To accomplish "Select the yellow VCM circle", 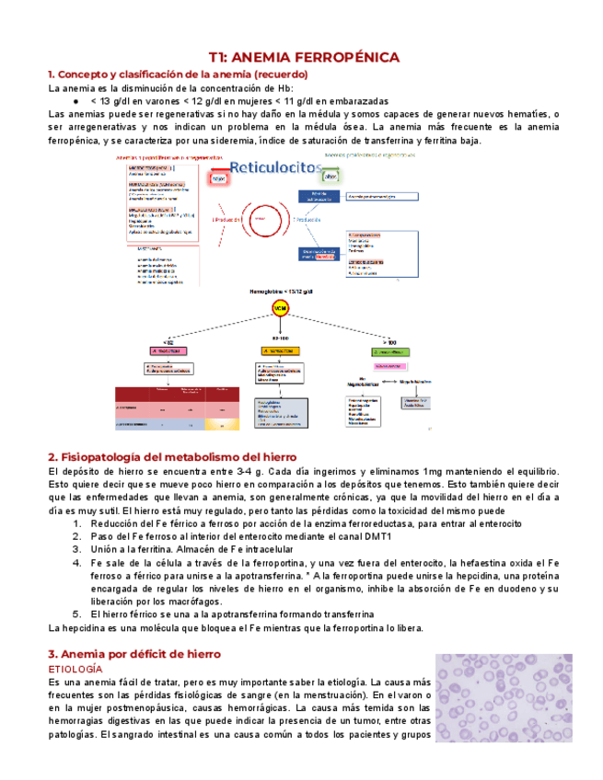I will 278,308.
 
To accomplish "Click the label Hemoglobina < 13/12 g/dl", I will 278,291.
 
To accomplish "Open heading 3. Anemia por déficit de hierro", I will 133,654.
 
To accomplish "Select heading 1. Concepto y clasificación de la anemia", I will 178,74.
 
